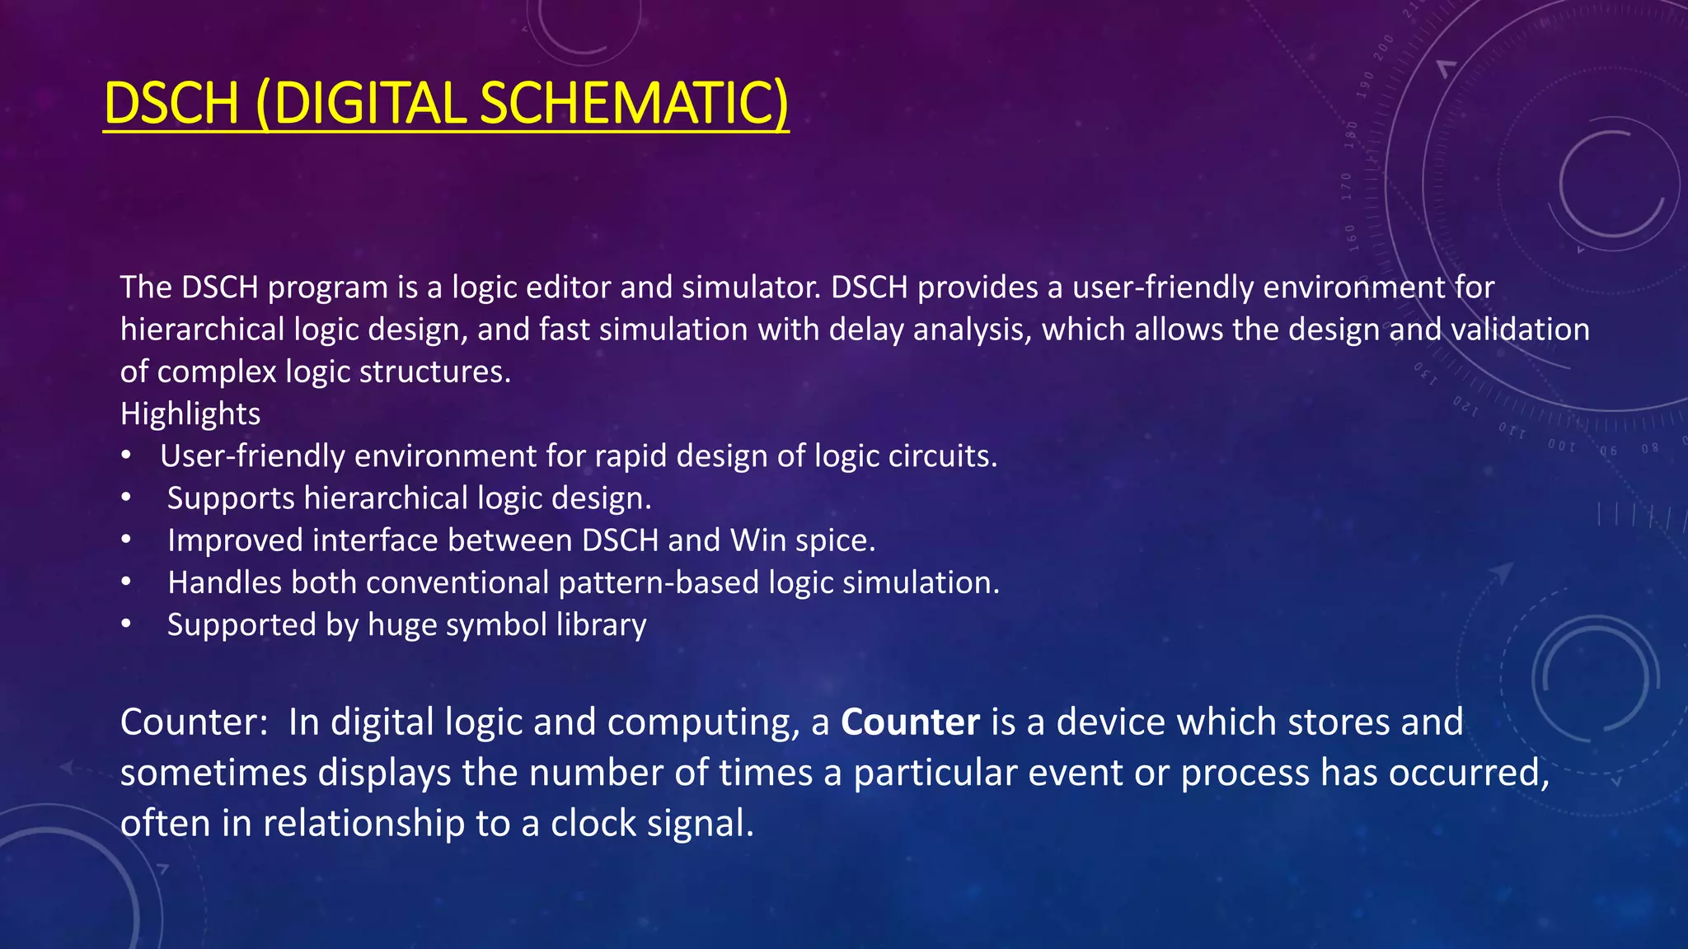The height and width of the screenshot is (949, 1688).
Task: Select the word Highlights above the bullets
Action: pos(190,414)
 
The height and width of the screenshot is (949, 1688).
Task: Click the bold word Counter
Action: pos(910,722)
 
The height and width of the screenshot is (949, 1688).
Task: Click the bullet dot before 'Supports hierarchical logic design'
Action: pos(126,498)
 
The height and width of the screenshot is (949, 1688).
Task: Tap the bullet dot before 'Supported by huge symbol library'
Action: pos(126,624)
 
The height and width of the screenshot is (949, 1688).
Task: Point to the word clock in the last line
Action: pos(593,824)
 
